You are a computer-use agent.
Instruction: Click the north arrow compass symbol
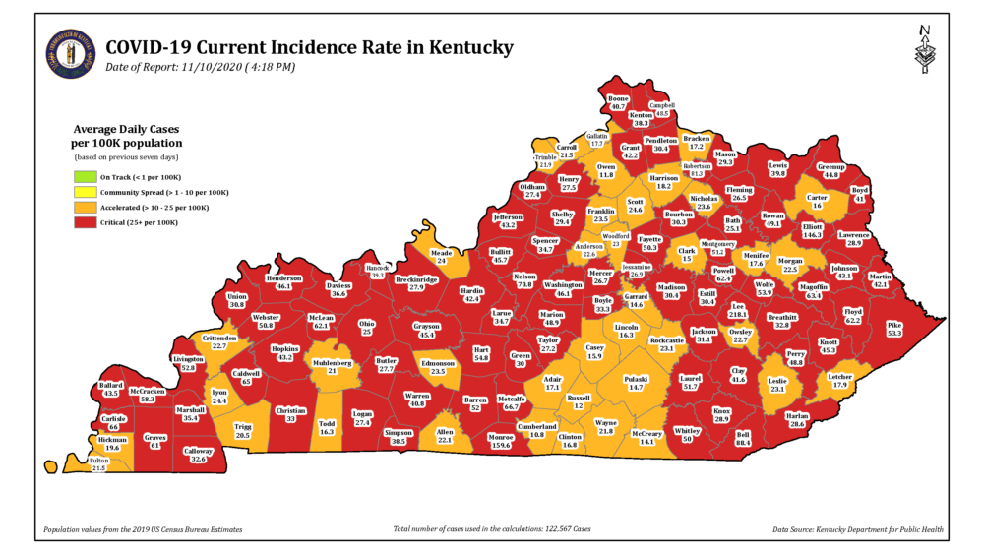pyautogui.click(x=922, y=50)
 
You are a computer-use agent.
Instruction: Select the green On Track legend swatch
pyautogui.click(x=86, y=177)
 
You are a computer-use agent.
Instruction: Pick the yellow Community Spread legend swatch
pyautogui.click(x=86, y=193)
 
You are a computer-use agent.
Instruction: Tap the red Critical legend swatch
pyautogui.click(x=86, y=224)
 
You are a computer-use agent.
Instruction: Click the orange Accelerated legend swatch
pyautogui.click(x=86, y=209)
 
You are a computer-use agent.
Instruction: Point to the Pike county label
pyautogui.click(x=892, y=324)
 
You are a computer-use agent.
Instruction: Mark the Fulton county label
pyautogui.click(x=98, y=461)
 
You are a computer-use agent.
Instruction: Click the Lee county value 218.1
pyautogui.click(x=736, y=315)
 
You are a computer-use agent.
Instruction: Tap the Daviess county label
pyautogui.click(x=338, y=284)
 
